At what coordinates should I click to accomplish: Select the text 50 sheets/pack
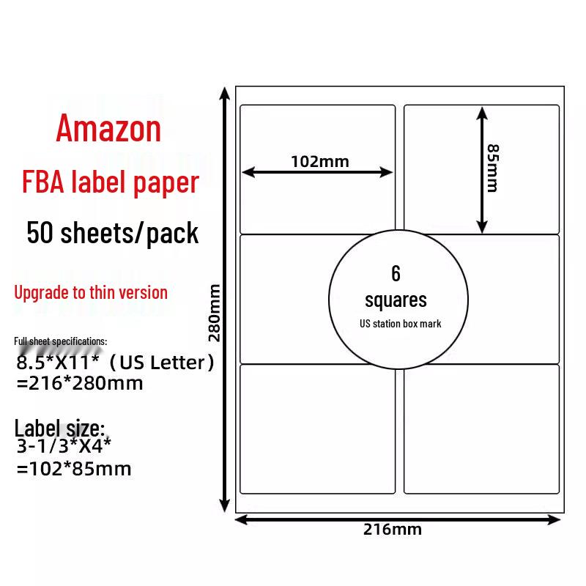tap(112, 233)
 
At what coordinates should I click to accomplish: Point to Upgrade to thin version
tap(91, 292)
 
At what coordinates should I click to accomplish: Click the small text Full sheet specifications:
tap(61, 341)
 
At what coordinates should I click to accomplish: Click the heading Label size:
tap(60, 428)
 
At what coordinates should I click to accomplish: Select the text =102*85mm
tap(73, 469)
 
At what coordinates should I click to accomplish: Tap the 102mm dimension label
tap(319, 161)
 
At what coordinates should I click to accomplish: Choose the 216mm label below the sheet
tap(393, 529)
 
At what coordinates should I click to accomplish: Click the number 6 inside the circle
tap(396, 273)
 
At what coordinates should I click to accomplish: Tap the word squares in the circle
tap(396, 300)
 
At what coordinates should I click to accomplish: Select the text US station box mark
tap(401, 323)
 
